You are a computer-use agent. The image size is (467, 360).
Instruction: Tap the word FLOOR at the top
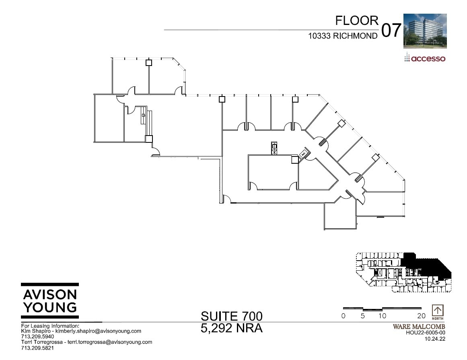[357, 21]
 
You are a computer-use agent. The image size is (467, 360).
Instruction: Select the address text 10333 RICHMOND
[343, 36]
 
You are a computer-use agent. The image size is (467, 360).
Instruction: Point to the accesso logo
[425, 58]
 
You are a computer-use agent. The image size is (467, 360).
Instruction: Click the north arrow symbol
[438, 311]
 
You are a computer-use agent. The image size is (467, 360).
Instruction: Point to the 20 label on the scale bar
[421, 316]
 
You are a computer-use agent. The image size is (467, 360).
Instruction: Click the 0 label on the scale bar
[343, 316]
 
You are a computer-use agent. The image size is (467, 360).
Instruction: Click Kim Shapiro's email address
[98, 331]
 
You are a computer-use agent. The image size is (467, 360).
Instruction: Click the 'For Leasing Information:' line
[50, 325]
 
